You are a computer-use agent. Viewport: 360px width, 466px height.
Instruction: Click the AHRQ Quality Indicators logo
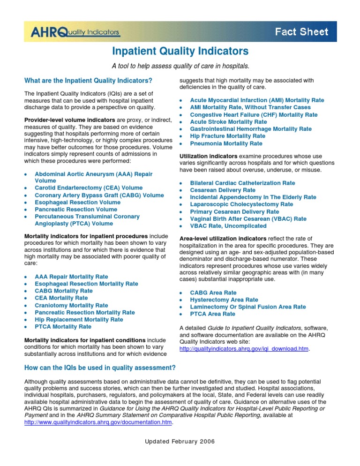[75, 32]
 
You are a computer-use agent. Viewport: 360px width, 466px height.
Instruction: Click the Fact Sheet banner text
[301, 32]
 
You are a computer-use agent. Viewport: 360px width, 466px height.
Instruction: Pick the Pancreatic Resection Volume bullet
[76, 209]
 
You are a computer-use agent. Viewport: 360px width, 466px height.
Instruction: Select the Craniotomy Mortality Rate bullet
[71, 305]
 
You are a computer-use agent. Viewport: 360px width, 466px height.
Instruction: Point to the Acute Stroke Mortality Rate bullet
[228, 121]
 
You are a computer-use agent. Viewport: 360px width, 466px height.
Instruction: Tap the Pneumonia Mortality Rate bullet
[226, 143]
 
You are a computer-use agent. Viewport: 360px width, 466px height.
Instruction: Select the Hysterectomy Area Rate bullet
[224, 300]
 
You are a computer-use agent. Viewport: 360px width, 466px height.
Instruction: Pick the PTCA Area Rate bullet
[212, 314]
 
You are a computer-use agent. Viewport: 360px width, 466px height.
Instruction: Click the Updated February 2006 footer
[180, 455]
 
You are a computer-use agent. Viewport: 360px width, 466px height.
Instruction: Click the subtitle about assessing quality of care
[180, 65]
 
